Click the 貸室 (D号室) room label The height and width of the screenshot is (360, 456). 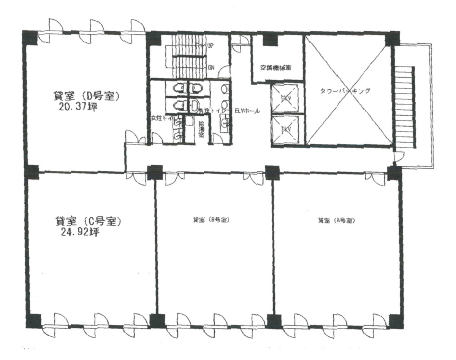[x=87, y=96]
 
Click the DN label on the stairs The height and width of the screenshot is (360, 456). [x=211, y=67]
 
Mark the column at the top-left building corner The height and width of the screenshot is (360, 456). [x=31, y=37]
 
